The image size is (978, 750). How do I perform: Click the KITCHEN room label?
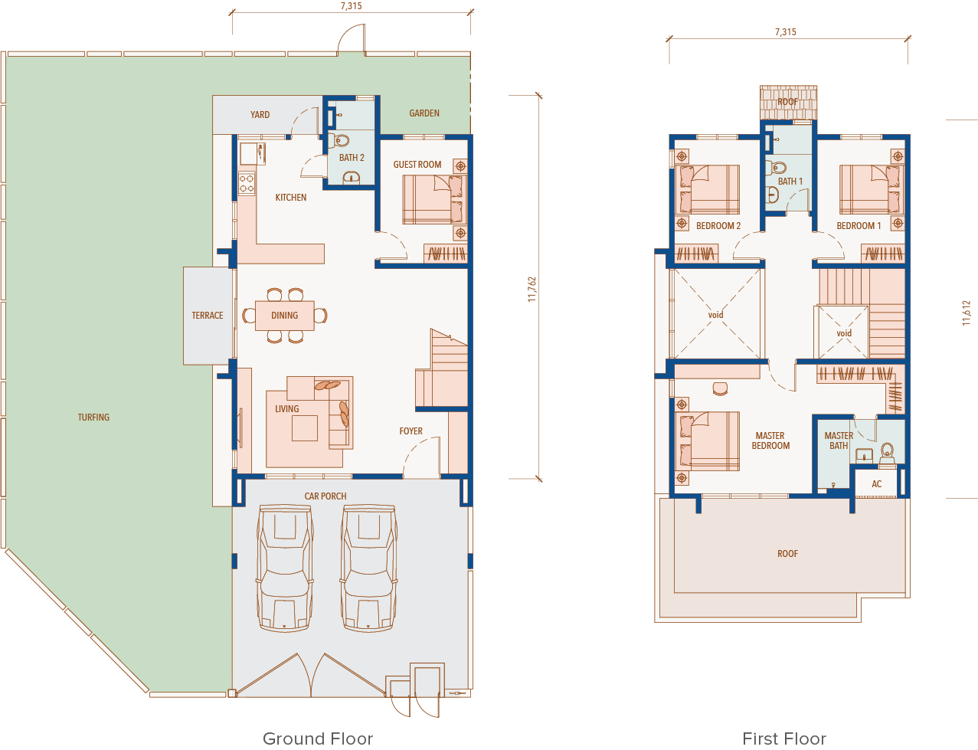coord(291,197)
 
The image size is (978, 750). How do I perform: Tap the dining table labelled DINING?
coord(284,315)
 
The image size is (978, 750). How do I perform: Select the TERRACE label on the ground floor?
coord(208,315)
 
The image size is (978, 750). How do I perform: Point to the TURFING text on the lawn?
coord(93,418)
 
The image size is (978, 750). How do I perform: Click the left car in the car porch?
coord(284,568)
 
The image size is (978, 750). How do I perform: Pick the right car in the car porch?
coord(368,568)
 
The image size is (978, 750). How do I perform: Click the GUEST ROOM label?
coord(417,165)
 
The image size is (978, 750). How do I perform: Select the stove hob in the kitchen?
coord(247,184)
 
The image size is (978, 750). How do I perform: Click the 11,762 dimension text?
coord(532,290)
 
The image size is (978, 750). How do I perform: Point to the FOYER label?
coord(411,431)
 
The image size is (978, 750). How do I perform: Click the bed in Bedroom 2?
coord(707,189)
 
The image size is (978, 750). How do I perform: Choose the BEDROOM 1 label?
coord(859,226)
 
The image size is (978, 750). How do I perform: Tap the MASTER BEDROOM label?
coord(770,441)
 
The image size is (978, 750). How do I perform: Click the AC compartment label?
coord(876,484)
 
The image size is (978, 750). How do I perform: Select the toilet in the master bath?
coord(887,453)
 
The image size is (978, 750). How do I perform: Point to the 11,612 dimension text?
coord(966,313)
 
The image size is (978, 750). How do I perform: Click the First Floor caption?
coord(784,739)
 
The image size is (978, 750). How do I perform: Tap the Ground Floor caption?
coord(318,739)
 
